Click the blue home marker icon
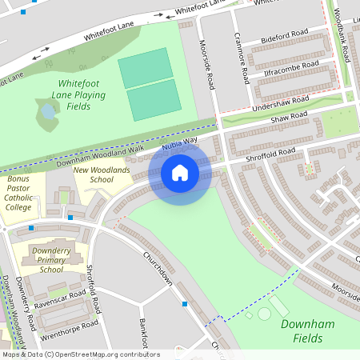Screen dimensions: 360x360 pos(180,172)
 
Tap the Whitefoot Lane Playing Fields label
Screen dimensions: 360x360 pos(80,94)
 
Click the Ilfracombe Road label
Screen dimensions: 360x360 pos(286,70)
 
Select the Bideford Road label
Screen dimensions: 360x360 pos(286,39)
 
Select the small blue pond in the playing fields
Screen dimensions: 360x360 pos(48,112)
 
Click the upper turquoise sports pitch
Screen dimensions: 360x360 pos(146,67)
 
